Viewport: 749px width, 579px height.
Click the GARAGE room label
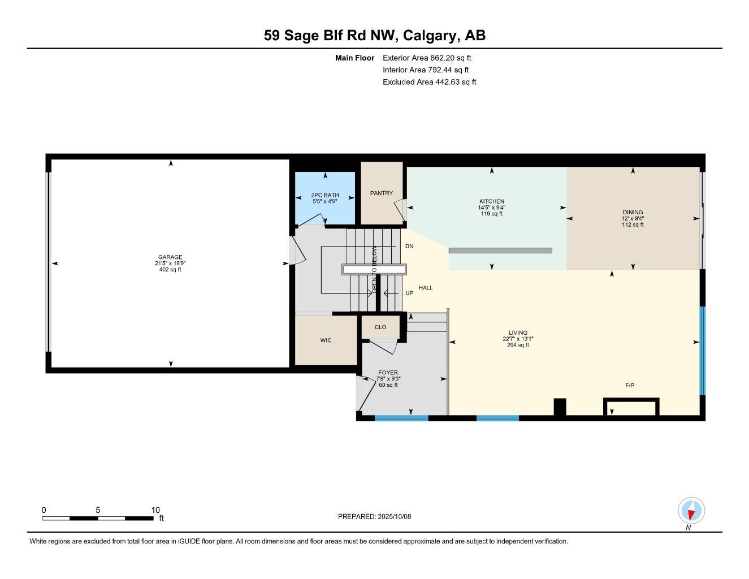170,257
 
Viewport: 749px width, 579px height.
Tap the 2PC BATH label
325,195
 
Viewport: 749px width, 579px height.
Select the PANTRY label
382,193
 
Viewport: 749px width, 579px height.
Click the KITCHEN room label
492,201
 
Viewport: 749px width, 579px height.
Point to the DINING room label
633,213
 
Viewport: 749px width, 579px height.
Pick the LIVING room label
518,333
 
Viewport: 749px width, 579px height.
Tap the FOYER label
388,373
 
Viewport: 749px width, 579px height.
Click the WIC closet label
326,340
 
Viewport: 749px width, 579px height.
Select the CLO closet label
380,327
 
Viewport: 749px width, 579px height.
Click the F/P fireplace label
630,386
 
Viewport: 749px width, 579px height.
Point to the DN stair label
409,247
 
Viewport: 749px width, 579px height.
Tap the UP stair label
409,293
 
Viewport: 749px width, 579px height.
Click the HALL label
426,288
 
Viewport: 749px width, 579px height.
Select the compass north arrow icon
691,511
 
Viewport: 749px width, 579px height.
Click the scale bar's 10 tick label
155,509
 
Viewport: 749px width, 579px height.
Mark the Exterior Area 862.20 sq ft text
427,58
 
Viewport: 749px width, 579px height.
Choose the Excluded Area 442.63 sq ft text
429,82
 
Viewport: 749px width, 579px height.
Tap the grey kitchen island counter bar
500,250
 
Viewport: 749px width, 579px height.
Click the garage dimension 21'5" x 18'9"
170,263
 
